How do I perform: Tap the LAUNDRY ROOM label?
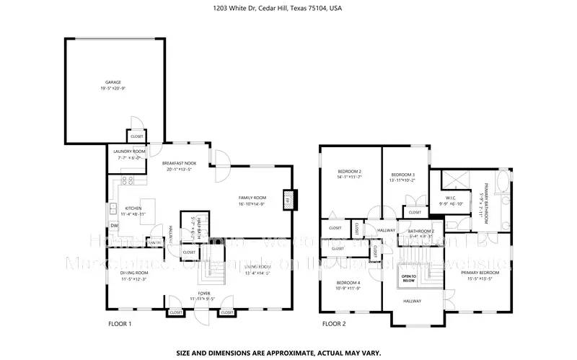(129, 152)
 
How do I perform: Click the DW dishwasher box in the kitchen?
(114, 226)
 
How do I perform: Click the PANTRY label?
(154, 242)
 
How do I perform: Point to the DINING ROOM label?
(133, 273)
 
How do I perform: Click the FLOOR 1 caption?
(120, 324)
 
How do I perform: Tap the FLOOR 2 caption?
(334, 324)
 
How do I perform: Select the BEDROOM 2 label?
(349, 171)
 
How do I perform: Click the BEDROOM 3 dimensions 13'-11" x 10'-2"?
(402, 180)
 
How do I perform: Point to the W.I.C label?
(451, 198)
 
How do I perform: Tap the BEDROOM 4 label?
(349, 283)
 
